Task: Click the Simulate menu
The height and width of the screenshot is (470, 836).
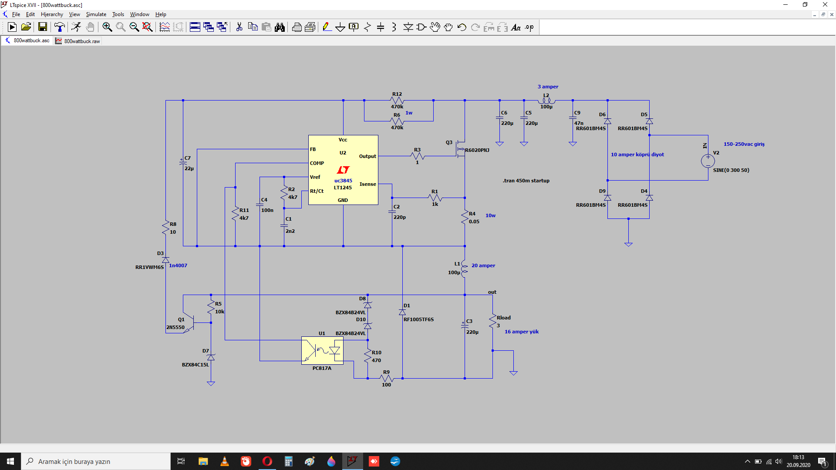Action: [x=96, y=14]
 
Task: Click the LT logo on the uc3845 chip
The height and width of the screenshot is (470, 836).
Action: [x=343, y=170]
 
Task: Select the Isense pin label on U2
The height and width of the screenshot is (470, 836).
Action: [x=367, y=184]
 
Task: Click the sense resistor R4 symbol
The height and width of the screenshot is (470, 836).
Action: [x=465, y=218]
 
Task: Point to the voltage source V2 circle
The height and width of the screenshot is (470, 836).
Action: [x=708, y=161]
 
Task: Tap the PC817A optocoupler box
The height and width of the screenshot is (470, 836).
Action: [x=322, y=350]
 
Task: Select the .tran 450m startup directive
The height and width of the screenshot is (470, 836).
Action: [x=526, y=181]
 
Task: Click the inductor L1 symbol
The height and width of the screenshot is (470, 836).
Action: [x=465, y=269]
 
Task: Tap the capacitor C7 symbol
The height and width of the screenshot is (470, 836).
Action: [x=183, y=162]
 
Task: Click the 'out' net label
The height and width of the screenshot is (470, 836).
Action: [x=492, y=292]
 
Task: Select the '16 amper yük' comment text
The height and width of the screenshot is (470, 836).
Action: [x=522, y=332]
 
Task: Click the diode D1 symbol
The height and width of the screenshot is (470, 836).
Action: [x=402, y=312]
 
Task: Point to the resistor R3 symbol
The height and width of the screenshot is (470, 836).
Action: [x=417, y=156]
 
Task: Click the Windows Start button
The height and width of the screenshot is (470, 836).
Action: [x=10, y=461]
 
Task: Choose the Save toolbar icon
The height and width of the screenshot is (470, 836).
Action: [x=43, y=27]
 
